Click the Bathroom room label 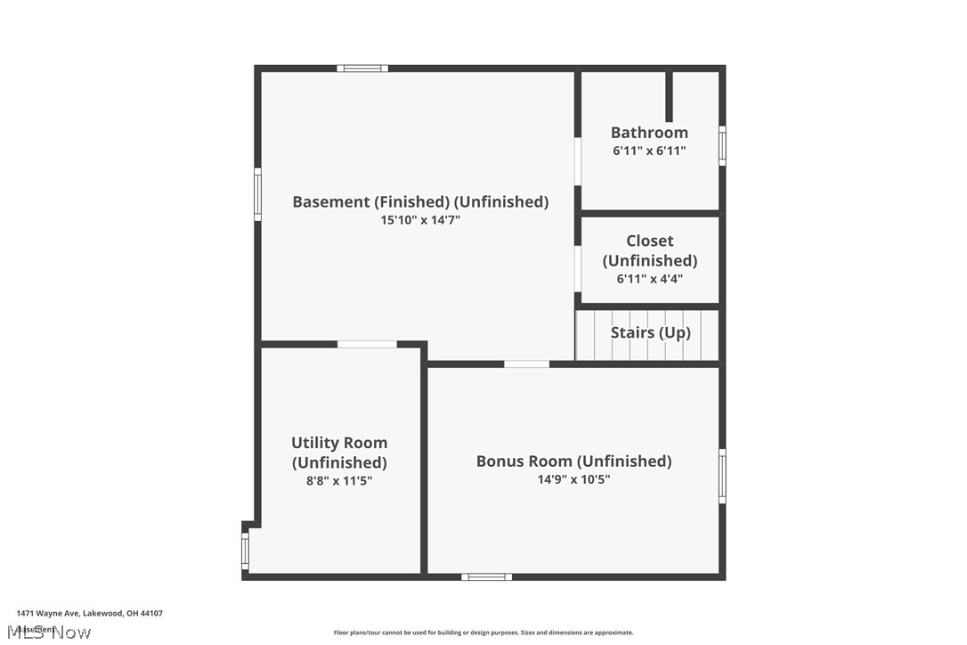click(x=649, y=133)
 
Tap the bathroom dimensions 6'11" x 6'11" click(x=649, y=151)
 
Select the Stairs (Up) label click(x=650, y=332)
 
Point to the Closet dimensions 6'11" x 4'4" click(x=649, y=279)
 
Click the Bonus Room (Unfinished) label click(x=573, y=461)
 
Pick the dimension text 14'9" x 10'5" click(x=573, y=479)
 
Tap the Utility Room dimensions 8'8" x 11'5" click(x=339, y=481)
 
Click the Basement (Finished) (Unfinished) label click(x=420, y=201)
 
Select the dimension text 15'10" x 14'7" click(x=420, y=220)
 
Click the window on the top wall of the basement click(x=362, y=68)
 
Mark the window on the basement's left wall click(x=258, y=194)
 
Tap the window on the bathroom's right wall click(x=722, y=146)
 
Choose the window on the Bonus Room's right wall click(x=722, y=477)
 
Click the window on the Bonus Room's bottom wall click(x=486, y=577)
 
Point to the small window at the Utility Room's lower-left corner click(x=245, y=551)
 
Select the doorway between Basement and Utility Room click(x=367, y=345)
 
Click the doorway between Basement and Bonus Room click(x=526, y=363)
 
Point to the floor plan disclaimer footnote click(x=483, y=633)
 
